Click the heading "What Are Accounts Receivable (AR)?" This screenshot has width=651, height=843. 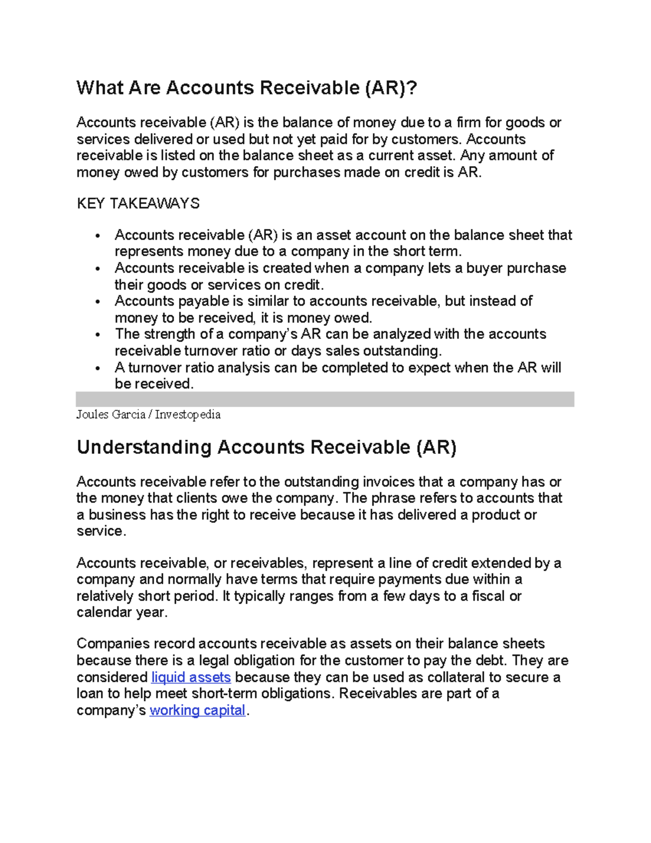click(x=247, y=88)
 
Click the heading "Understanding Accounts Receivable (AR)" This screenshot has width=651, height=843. click(x=266, y=447)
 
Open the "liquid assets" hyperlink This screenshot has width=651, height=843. click(x=191, y=677)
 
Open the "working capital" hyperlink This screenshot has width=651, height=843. click(x=197, y=711)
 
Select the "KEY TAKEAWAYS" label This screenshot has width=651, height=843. click(x=138, y=204)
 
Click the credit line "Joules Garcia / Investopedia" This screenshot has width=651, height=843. click(x=148, y=415)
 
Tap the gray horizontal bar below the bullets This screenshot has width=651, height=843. click(x=325, y=399)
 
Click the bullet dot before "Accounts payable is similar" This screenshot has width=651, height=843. click(x=98, y=302)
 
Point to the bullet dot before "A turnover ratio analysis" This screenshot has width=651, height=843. click(x=98, y=369)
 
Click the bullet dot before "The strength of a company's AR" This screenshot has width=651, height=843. click(x=98, y=335)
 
